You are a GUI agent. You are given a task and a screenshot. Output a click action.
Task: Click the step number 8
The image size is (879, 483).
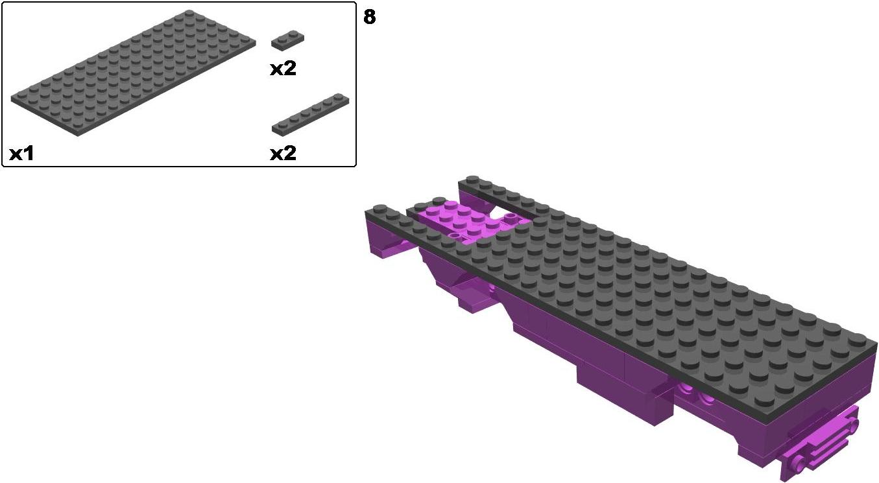(369, 18)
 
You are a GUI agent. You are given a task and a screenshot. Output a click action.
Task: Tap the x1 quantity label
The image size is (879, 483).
(21, 154)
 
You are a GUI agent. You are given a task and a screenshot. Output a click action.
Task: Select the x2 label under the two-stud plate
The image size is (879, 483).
(283, 69)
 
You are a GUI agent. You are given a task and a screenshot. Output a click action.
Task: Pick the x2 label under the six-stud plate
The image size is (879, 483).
(283, 153)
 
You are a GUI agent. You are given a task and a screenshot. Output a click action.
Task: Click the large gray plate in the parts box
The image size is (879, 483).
(134, 73)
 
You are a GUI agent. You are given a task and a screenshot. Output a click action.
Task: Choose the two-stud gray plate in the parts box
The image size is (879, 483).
(287, 40)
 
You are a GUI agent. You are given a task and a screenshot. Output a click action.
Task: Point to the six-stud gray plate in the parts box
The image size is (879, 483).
(310, 115)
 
